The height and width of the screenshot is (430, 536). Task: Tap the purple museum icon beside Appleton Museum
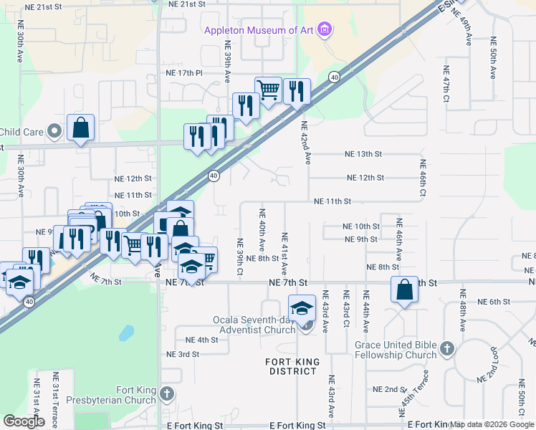(325, 29)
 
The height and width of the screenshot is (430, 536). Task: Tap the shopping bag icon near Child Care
(81, 128)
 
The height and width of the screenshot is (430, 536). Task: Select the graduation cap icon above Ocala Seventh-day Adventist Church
(302, 308)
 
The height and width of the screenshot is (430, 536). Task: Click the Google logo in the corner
(24, 421)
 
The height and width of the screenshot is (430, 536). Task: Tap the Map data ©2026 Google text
(492, 425)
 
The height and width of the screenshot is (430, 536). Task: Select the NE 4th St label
(201, 340)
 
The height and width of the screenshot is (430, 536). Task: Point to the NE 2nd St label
(389, 389)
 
